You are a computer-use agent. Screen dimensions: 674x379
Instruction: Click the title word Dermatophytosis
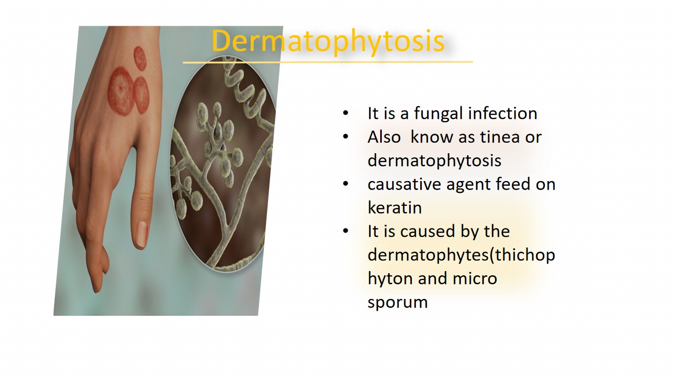328,42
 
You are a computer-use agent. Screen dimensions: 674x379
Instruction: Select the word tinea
500,137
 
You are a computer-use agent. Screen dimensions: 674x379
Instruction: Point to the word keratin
394,207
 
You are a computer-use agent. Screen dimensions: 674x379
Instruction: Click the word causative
404,184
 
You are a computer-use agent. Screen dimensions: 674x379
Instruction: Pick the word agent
469,185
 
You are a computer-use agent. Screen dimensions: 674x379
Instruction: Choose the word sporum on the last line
398,303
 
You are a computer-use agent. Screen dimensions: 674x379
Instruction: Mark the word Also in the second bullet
384,137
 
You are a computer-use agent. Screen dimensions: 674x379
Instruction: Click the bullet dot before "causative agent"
345,184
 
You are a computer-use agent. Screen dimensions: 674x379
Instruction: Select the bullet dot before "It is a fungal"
345,113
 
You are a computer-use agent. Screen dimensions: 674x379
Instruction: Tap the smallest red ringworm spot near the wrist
140,58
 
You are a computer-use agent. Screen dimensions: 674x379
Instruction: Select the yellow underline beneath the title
328,62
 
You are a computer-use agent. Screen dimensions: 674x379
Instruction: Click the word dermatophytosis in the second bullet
434,161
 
